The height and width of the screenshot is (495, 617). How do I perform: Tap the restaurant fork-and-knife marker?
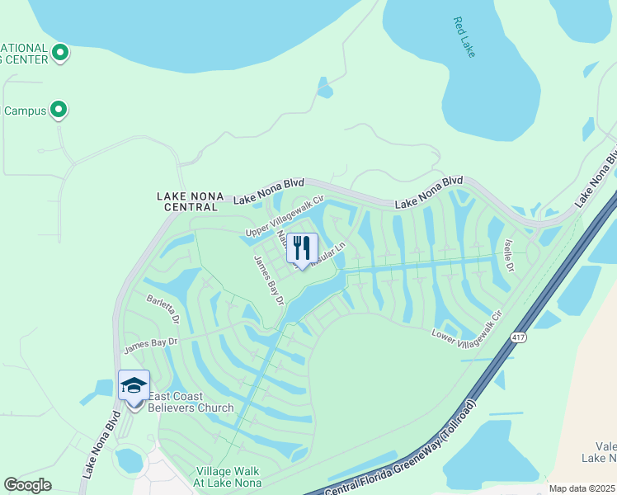click(302, 247)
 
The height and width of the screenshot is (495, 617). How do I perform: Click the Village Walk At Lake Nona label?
click(228, 477)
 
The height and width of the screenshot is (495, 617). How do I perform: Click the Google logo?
click(28, 485)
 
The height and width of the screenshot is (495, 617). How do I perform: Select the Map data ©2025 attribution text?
click(582, 488)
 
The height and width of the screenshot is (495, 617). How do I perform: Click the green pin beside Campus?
click(59, 109)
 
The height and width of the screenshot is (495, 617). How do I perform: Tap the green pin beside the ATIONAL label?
click(59, 54)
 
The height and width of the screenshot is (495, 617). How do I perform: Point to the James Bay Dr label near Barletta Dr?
click(150, 345)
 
